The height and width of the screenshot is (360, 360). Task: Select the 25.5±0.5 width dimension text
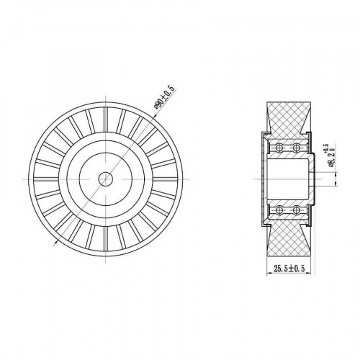289,269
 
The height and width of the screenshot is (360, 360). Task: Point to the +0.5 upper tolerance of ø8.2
325,148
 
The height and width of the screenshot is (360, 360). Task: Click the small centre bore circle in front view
106,179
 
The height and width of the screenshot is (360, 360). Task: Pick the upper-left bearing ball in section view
279,148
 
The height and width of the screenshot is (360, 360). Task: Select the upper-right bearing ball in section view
297,148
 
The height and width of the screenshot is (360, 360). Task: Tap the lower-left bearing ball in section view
279,210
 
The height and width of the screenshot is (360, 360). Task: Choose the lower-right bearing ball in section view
297,210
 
